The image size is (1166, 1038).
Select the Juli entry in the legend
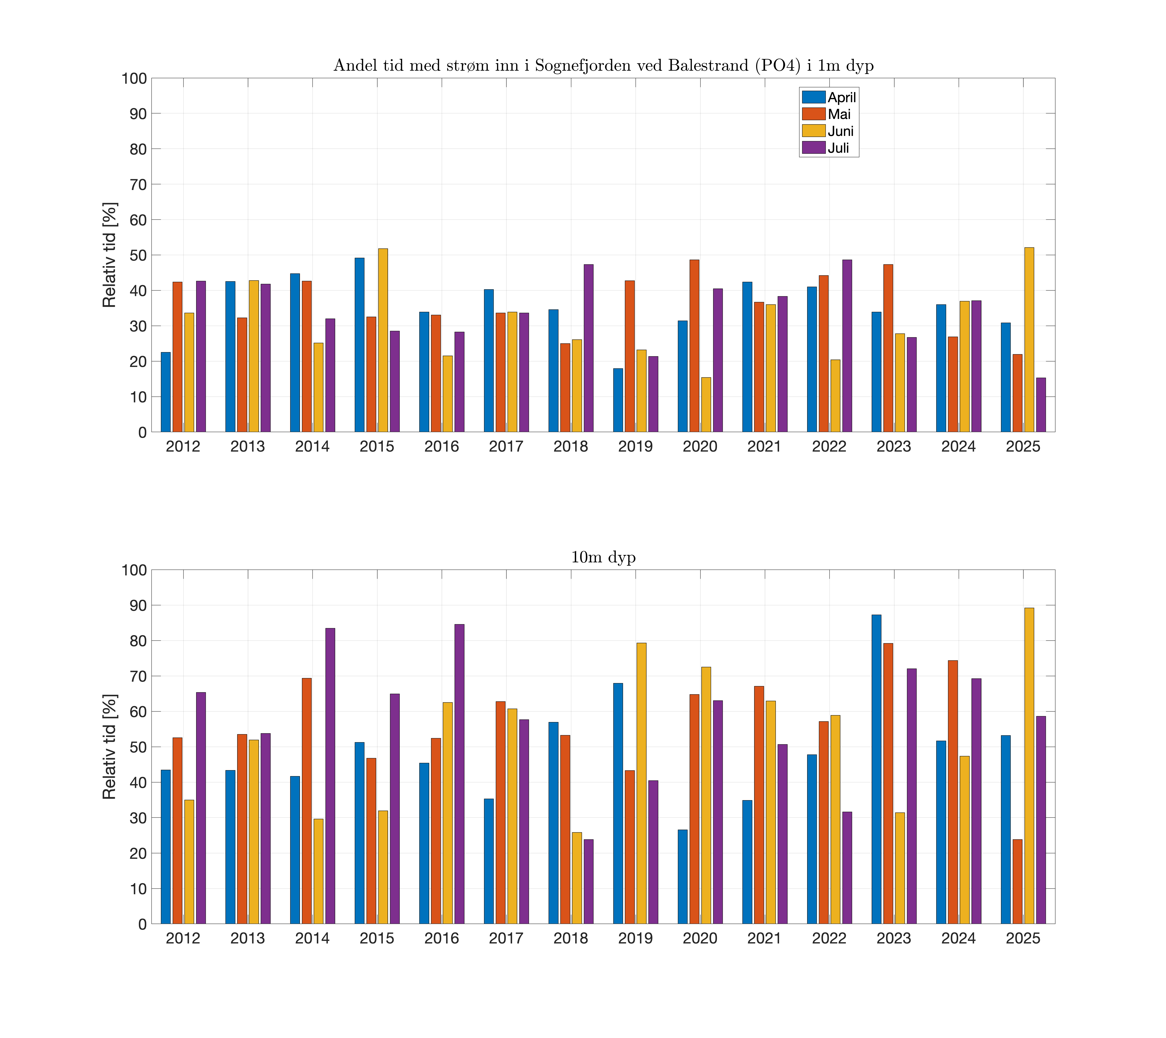click(x=838, y=148)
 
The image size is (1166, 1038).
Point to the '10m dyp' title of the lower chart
click(x=603, y=557)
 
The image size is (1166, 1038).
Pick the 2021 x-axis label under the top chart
click(x=764, y=447)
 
